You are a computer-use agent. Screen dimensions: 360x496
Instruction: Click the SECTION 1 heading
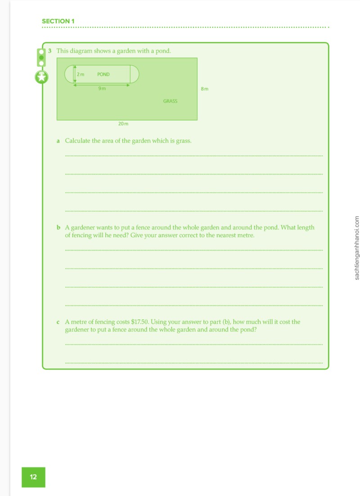[58, 21]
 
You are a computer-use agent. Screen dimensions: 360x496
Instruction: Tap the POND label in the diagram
[103, 74]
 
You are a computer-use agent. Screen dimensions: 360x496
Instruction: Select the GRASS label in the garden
[170, 101]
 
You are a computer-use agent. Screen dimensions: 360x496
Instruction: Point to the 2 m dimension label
[81, 74]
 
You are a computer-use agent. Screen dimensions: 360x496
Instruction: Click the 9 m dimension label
[102, 89]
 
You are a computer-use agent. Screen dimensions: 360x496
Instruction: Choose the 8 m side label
[205, 89]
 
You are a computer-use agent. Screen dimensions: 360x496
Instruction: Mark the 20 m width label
[123, 124]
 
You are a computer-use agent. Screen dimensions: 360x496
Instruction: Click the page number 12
[33, 477]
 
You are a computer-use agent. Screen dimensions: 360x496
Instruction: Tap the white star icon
[41, 77]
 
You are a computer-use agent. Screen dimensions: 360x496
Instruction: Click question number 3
[49, 51]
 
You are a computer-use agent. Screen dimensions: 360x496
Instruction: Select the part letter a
[58, 141]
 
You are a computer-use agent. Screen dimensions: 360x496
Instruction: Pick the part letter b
[58, 228]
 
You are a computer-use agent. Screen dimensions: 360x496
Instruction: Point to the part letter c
[58, 322]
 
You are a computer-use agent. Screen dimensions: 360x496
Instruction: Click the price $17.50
[139, 322]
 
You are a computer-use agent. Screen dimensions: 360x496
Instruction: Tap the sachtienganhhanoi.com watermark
[356, 248]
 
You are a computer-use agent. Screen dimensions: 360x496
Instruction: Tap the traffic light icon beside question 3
[41, 58]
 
